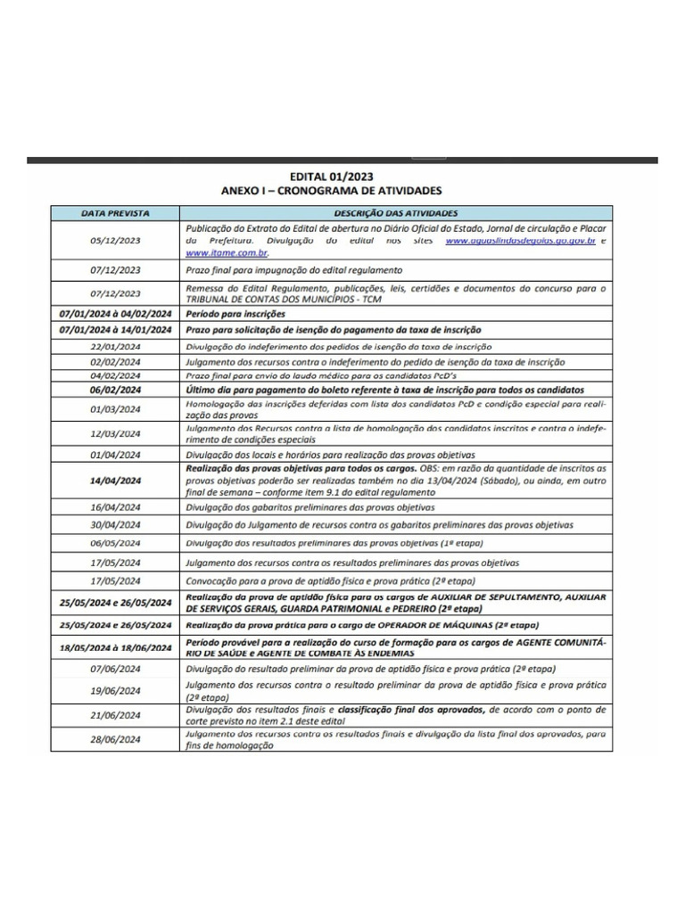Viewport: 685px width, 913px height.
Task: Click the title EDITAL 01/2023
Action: coord(332,177)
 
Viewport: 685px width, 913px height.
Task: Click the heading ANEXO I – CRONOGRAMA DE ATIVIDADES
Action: coord(331,191)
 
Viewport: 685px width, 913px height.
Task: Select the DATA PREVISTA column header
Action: coord(115,214)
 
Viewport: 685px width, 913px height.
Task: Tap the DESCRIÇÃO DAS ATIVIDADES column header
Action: coord(396,214)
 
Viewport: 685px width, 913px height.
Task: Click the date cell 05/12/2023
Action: coord(115,241)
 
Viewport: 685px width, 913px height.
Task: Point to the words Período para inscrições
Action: coord(235,315)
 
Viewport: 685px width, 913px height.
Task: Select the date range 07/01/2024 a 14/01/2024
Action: coord(115,331)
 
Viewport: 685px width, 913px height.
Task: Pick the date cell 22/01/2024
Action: coord(115,346)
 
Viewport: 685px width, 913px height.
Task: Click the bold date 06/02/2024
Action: coord(115,391)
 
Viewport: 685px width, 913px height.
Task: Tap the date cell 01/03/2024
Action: coord(115,409)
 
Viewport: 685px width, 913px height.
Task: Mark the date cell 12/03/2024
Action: coord(115,433)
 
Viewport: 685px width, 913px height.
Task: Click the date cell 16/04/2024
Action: coord(115,506)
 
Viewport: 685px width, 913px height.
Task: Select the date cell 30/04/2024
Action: coord(115,524)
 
